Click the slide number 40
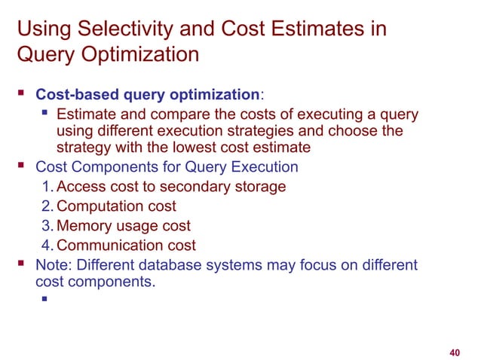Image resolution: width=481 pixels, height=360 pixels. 454,352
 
